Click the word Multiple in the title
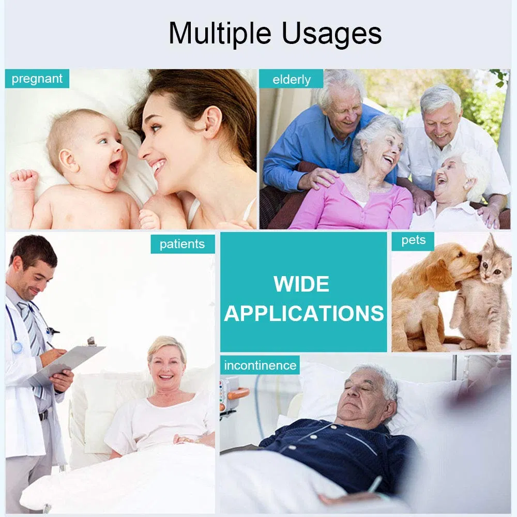220,34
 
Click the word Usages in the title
332,34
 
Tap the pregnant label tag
37,79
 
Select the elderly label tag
291,79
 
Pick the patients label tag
183,244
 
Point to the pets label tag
413,241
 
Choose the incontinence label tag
260,365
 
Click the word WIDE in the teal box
301,284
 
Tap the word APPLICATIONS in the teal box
303,313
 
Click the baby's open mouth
115,166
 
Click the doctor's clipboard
68,363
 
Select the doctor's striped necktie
32,330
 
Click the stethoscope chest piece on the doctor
17,347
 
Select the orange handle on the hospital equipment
238,393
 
